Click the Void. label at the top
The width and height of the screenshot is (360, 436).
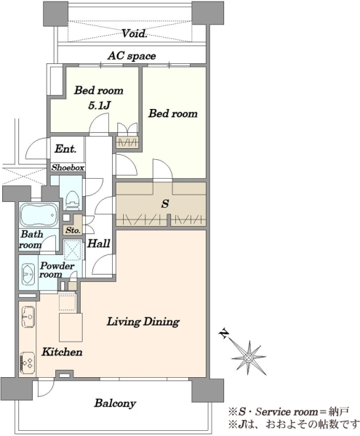tap(135, 33)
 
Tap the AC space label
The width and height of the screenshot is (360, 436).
tap(132, 56)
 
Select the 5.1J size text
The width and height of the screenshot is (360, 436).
tap(99, 105)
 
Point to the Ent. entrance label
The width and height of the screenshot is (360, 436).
tap(65, 149)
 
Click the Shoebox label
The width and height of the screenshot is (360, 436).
tap(68, 168)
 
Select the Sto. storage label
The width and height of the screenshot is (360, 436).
tap(73, 230)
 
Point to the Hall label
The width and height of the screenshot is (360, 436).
tap(99, 243)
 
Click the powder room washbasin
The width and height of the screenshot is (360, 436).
tap(28, 274)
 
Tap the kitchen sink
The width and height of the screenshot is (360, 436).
tap(28, 317)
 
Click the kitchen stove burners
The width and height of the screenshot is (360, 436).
tap(28, 363)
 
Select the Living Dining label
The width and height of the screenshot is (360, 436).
tap(143, 322)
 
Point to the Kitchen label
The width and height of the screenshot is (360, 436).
tap(62, 352)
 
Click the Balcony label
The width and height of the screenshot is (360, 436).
tap(115, 403)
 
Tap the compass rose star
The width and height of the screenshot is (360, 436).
tap(249, 358)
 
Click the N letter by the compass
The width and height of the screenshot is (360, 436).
tap(224, 334)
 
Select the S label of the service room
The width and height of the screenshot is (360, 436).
tap(165, 203)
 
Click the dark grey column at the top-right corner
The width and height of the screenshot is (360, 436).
tap(208, 13)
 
